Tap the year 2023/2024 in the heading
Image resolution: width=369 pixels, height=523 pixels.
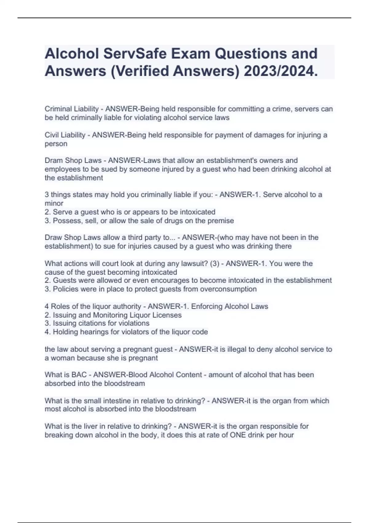coord(280,71)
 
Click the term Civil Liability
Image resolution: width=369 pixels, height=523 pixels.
coord(65,135)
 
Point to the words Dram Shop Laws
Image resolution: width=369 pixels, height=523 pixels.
coord(73,160)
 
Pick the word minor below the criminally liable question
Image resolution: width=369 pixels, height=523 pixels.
coord(54,203)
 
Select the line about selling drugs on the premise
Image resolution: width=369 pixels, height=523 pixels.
coord(139,221)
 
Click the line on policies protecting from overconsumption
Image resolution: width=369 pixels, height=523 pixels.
coord(151,289)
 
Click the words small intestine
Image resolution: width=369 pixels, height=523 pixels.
coord(101,401)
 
